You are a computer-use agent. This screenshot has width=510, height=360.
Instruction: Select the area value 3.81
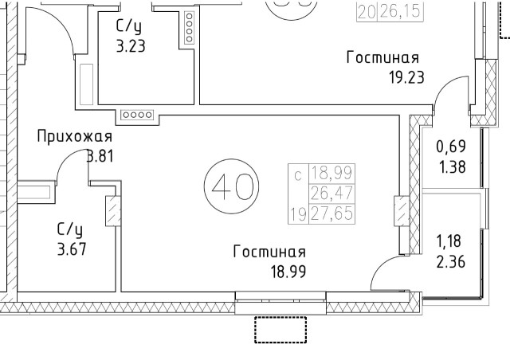click(100, 156)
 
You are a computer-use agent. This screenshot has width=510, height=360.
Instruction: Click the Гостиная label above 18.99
click(269, 252)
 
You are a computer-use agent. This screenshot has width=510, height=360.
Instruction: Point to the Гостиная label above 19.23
click(382, 59)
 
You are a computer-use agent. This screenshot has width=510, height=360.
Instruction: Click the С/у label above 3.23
click(129, 27)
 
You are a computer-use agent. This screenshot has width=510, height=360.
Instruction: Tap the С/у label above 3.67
click(70, 229)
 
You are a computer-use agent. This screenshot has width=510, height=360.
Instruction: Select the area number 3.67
click(70, 248)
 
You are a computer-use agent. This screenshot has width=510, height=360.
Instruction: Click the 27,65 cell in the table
click(332, 213)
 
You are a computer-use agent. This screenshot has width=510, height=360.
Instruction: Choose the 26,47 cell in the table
click(332, 194)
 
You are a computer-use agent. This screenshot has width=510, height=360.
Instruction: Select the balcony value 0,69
click(451, 147)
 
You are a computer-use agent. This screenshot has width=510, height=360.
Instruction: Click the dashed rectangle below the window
click(280, 329)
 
